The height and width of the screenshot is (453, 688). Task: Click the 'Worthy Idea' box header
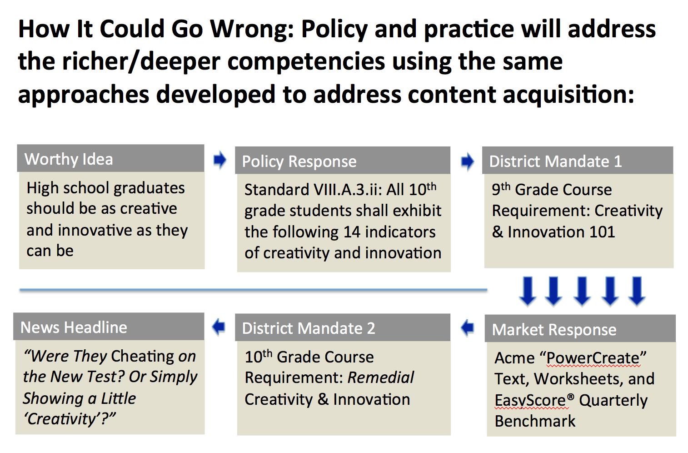pos(110,158)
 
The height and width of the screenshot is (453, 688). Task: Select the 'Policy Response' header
pos(343,161)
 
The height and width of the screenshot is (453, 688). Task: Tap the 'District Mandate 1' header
pos(578,161)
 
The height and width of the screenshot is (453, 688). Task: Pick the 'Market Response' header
pos(580,328)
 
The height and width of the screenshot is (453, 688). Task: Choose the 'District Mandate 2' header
pos(343,327)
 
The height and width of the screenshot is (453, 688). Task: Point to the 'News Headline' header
pos(109,327)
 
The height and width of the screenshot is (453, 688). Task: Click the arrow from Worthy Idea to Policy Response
pos(220,160)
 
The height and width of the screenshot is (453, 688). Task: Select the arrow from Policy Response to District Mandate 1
pos(468,161)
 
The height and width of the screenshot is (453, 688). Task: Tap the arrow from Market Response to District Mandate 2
pos(468,327)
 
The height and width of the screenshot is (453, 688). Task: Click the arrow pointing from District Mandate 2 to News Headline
pos(219,327)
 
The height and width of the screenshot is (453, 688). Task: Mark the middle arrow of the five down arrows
pos(582,291)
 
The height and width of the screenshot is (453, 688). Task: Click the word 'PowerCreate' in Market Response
pos(593,358)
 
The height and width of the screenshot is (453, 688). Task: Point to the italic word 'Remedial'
pos(380,377)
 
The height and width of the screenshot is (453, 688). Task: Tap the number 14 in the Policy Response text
pos(352,232)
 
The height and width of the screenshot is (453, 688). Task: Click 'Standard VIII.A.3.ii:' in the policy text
pos(313,189)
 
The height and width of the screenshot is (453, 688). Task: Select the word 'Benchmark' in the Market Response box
pos(535,421)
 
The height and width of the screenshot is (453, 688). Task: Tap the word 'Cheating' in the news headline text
pos(143,357)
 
